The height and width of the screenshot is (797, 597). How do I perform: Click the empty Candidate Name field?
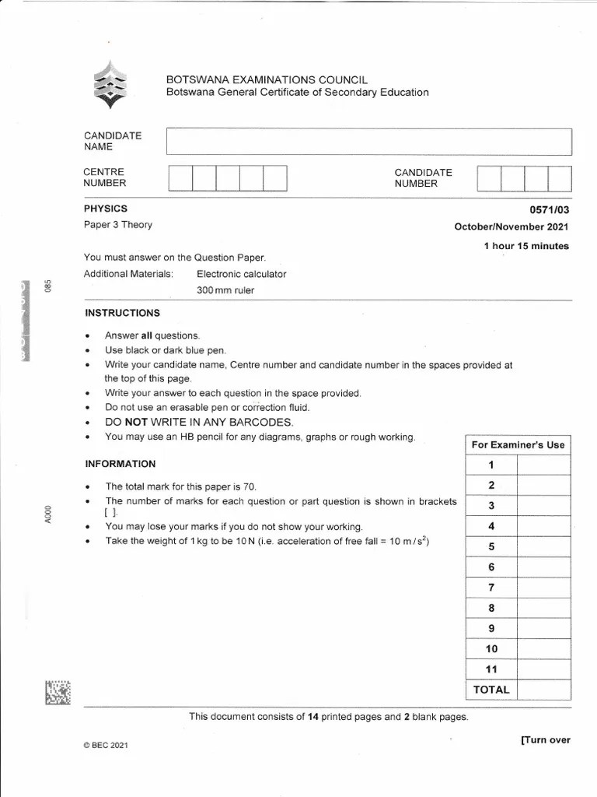[x=369, y=142]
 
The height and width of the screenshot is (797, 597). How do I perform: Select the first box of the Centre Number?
[x=180, y=178]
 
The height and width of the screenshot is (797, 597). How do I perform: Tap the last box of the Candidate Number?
[x=560, y=178]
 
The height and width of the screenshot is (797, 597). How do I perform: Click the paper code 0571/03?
[x=550, y=209]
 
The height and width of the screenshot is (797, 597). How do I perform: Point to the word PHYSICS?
[x=106, y=209]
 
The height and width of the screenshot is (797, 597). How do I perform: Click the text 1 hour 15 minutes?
[x=526, y=246]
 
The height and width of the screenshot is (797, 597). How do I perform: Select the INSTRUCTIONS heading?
[x=122, y=313]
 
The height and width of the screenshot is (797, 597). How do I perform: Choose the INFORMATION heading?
[x=120, y=464]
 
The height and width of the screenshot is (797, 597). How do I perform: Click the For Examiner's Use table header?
[x=518, y=445]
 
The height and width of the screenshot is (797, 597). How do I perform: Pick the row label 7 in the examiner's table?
[x=491, y=588]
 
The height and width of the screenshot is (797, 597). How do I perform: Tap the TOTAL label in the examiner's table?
[x=491, y=690]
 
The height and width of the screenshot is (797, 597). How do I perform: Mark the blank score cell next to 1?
[x=543, y=465]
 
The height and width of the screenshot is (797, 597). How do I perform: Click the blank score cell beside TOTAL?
[x=543, y=690]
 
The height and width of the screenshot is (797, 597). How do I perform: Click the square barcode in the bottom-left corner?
[x=58, y=693]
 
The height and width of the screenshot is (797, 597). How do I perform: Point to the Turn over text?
[x=546, y=740]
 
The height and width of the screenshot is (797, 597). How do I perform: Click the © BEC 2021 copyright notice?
[x=105, y=746]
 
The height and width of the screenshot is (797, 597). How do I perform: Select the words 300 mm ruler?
[x=225, y=290]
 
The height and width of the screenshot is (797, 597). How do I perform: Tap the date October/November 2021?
[x=511, y=227]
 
